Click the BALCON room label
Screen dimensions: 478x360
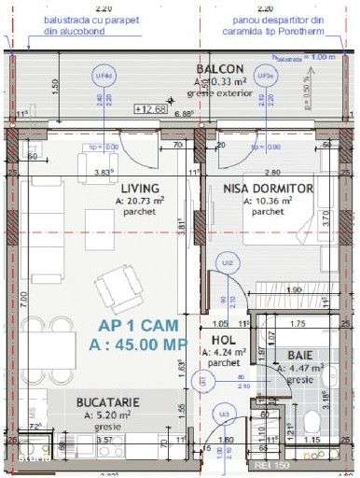[x=220, y=69]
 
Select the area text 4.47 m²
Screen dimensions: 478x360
[x=299, y=369]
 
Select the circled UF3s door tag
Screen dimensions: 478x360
[x=265, y=74]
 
